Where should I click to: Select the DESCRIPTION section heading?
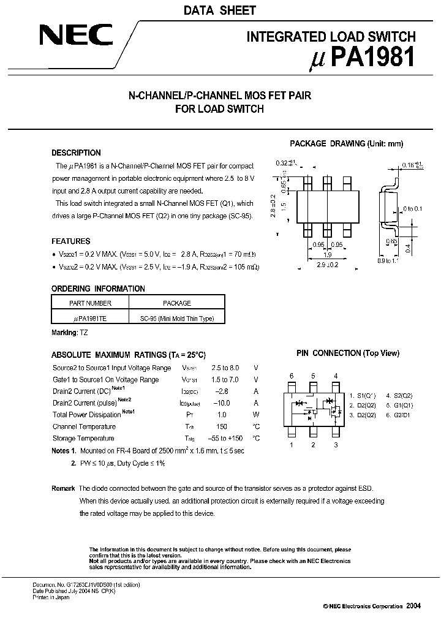(76, 153)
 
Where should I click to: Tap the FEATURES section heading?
(71, 242)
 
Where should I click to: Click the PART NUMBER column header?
(90, 303)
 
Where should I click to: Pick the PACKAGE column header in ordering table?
(177, 303)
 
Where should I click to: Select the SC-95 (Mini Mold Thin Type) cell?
(177, 319)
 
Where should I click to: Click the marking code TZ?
(84, 332)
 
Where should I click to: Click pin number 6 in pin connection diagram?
(292, 376)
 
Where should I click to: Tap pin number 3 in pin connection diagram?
(336, 445)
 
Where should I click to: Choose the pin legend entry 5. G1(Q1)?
(399, 405)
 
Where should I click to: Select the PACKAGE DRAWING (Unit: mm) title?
(346, 143)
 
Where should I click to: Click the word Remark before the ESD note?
(63, 488)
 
